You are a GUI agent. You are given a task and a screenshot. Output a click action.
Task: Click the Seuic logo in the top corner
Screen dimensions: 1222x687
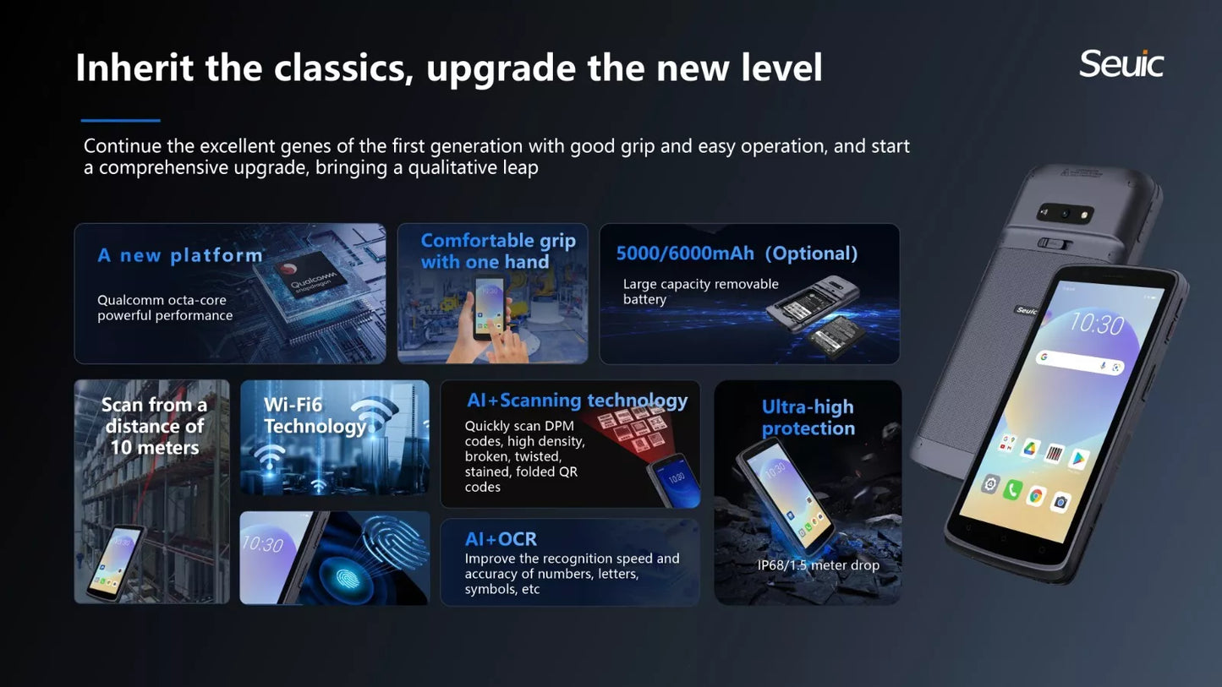[1121, 63]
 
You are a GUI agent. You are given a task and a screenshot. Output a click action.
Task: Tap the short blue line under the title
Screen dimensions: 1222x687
[121, 121]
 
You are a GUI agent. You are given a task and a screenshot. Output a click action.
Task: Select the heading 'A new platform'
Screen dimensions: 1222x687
[180, 255]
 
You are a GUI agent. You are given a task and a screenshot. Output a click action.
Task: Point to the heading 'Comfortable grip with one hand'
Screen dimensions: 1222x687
[498, 251]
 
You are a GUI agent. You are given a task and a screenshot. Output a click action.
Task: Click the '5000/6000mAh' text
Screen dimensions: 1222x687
[685, 254]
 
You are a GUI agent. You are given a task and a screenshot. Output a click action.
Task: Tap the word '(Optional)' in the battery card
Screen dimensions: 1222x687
[811, 254]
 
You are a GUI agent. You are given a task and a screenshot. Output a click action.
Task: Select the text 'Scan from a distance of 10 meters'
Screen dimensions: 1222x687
[155, 426]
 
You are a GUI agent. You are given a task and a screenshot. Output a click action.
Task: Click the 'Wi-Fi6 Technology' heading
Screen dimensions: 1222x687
[315, 416]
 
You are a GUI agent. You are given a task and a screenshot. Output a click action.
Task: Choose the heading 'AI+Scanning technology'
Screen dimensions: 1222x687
[578, 401]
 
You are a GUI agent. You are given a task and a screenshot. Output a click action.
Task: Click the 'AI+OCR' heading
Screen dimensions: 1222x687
[501, 539]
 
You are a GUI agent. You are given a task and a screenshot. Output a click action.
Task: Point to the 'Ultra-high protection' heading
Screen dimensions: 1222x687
[808, 417]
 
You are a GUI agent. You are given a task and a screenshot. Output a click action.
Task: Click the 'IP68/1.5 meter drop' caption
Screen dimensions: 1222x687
[819, 565]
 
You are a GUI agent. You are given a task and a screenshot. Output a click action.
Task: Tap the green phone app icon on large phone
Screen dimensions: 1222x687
[1012, 489]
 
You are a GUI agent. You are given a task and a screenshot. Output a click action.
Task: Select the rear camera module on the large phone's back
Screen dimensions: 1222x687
[1065, 213]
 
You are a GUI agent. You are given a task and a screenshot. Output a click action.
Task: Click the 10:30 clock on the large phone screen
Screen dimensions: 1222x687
[1097, 324]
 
